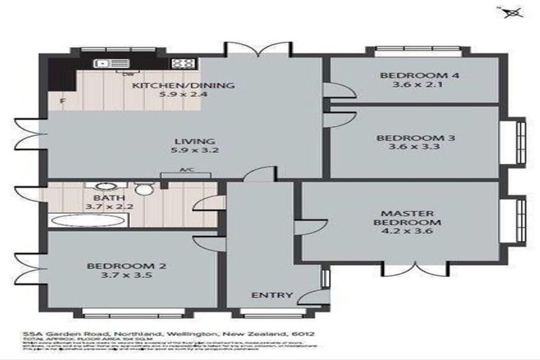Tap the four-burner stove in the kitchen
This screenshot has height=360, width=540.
pos(183,63)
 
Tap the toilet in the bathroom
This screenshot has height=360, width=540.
pos(143,189)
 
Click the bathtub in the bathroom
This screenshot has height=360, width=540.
pos(90,221)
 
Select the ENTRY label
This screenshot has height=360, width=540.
pos(271,295)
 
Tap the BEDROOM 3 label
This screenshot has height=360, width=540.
pos(415,138)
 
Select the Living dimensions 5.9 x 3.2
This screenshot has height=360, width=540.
pos(186,150)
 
